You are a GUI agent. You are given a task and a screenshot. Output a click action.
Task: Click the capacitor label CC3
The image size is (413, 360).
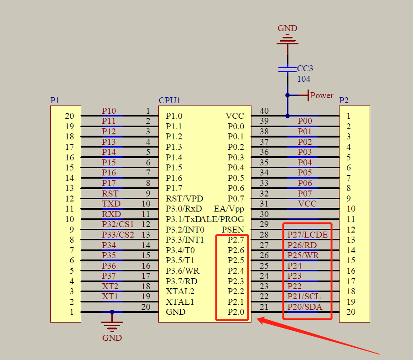tap(305, 69)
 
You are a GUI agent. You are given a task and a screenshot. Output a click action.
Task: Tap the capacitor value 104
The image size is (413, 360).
tap(304, 79)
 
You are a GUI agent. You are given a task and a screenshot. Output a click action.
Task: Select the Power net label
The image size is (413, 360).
tap(322, 95)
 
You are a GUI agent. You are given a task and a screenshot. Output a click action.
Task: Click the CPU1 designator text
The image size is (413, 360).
tap(170, 101)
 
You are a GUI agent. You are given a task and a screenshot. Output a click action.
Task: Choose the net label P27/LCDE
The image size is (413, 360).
tap(307, 235)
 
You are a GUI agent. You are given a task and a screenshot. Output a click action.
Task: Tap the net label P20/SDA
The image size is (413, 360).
tap(304, 307)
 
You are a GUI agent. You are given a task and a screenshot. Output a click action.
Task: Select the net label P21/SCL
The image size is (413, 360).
tap(304, 296)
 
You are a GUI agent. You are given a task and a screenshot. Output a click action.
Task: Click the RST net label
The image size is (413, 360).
tap(110, 193)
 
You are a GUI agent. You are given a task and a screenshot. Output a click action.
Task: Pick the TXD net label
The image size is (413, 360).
tap(111, 204)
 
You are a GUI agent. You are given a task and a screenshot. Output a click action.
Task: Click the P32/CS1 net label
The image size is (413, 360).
tap(118, 224)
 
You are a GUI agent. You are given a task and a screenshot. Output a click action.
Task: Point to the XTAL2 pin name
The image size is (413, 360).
tap(179, 291)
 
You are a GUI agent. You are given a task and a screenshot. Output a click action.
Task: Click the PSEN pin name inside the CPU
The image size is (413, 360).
tap(233, 229)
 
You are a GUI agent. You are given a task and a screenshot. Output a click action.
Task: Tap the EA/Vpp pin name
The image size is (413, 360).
tap(229, 209)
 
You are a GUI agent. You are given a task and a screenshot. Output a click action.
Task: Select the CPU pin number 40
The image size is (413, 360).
tap(264, 111)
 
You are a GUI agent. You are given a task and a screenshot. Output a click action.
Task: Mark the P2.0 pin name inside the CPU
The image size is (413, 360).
tap(236, 312)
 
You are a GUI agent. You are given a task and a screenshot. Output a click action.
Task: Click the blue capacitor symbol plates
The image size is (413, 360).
tap(288, 69)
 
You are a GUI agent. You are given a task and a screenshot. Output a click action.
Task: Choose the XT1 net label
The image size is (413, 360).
tap(110, 296)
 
